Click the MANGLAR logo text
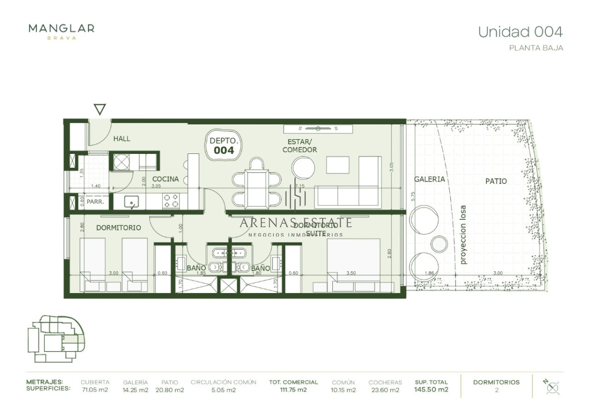pos(61,29)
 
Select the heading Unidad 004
pos(520,32)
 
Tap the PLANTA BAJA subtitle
pos(536,48)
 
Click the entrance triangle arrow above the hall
pos(100,109)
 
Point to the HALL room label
pos(122,139)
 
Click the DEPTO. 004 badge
pos(224,145)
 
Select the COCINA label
pos(165,179)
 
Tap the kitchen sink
pos(131,202)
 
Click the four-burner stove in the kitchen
pos(171,201)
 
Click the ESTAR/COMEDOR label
pos(299,146)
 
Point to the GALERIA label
pos(429,179)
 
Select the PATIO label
pos(496,181)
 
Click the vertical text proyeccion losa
pos(463,235)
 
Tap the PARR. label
pos(95,202)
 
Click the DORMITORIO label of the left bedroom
pos(118,228)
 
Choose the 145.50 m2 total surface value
pos(431,390)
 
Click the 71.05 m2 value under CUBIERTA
pos(95,390)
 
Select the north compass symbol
pos(553,387)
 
